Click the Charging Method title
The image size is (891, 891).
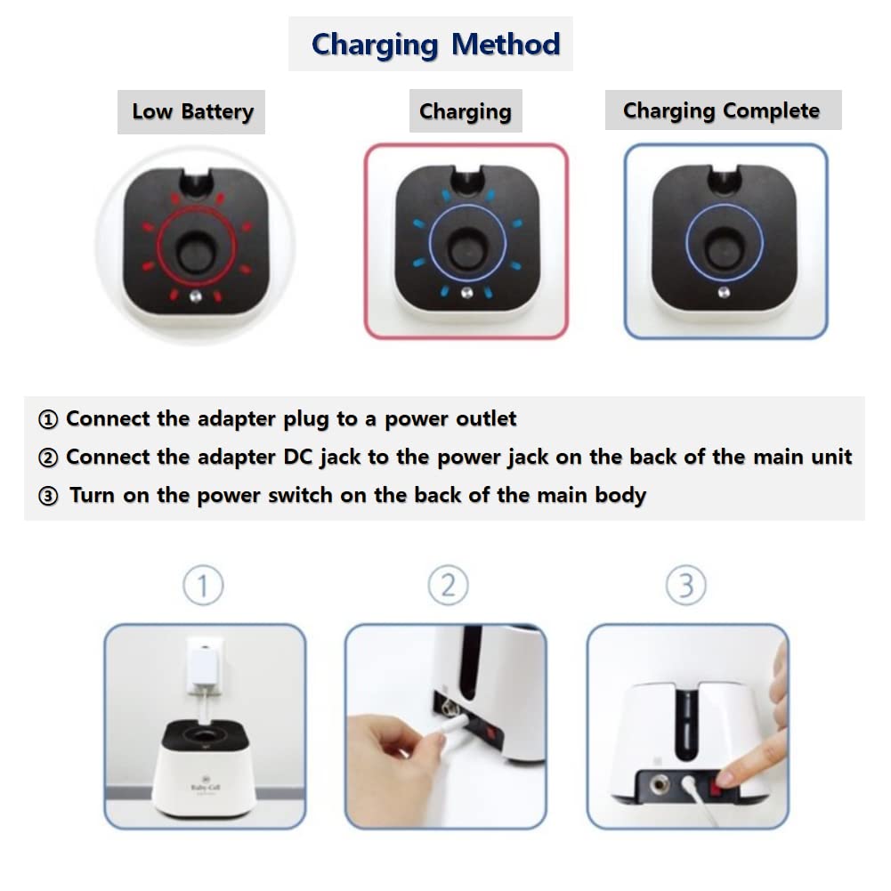pos(436,45)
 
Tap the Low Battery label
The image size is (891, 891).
pos(192,112)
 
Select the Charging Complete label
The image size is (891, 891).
pos(721,110)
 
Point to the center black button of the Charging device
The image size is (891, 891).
pos(467,248)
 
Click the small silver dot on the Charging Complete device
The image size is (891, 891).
pos(724,293)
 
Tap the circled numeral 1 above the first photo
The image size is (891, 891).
pos(203,586)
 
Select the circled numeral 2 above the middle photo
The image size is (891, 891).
pos(449,586)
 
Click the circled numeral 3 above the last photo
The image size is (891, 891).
pos(686,586)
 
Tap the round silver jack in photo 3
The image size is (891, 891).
pos(659,784)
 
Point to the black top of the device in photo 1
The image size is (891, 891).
pos(205,734)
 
